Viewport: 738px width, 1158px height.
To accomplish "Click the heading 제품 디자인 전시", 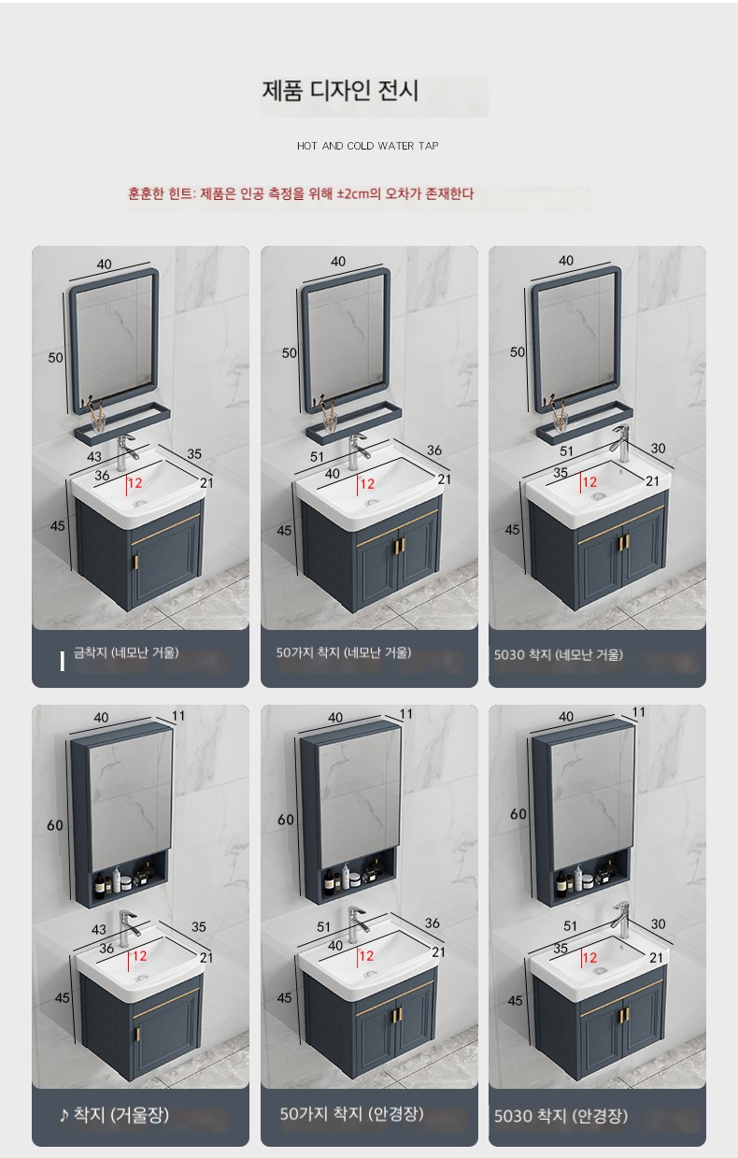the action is tap(339, 91).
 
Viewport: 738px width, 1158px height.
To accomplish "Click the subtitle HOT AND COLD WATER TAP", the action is tap(367, 146).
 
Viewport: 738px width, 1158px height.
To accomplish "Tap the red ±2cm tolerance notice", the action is tap(301, 193).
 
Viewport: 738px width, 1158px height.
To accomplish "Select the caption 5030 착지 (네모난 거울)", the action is tap(558, 655).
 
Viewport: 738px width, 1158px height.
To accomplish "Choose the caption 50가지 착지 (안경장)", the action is tap(351, 1113).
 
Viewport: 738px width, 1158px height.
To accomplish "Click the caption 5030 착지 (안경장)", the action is tap(561, 1116).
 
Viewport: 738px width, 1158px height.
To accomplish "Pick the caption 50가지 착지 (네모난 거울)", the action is tap(343, 652).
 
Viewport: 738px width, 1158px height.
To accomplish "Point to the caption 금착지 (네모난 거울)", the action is tap(126, 652).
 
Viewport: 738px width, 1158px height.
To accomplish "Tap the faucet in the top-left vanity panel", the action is tap(125, 451).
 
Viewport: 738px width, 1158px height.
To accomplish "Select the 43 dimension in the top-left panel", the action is tap(94, 457).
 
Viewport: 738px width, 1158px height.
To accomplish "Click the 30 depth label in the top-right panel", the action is tap(658, 449).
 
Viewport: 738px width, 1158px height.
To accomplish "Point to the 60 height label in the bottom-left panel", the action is tap(55, 825).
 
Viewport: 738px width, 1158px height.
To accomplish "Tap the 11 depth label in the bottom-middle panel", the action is tap(406, 714).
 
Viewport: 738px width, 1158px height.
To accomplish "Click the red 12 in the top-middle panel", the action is tap(367, 484).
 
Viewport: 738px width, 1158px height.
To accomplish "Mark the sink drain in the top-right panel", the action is tap(599, 495).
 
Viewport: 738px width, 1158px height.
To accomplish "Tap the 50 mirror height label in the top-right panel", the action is tap(518, 352).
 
